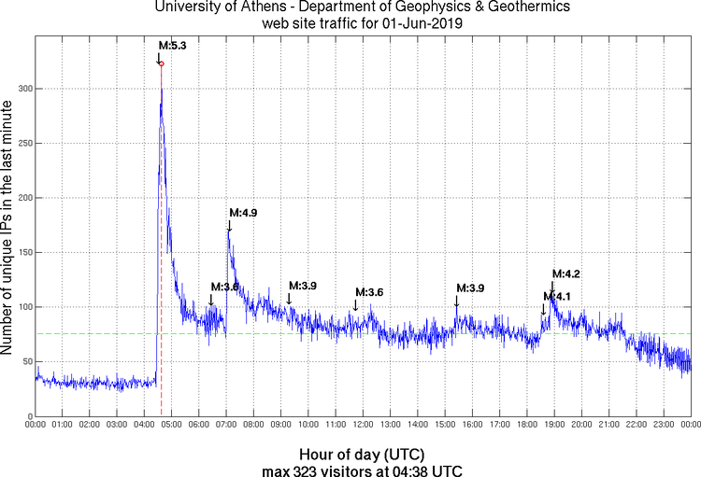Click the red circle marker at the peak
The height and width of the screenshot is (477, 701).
pyautogui.click(x=161, y=63)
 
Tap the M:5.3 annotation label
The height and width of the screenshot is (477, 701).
pyautogui.click(x=173, y=46)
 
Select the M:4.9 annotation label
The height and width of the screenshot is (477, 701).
pyautogui.click(x=243, y=213)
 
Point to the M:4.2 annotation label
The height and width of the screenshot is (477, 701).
pyautogui.click(x=566, y=274)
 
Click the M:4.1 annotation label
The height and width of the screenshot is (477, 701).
pyautogui.click(x=557, y=296)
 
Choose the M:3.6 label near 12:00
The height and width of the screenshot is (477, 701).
pyautogui.click(x=368, y=292)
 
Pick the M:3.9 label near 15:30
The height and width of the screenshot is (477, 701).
pyautogui.click(x=470, y=288)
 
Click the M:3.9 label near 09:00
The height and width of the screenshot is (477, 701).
pyautogui.click(x=303, y=285)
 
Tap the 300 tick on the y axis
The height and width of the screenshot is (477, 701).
pyautogui.click(x=21, y=89)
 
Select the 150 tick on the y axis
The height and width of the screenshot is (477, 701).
pyautogui.click(x=21, y=252)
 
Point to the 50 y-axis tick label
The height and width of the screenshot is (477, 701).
pyautogui.click(x=24, y=361)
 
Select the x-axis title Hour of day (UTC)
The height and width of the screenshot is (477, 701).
pyautogui.click(x=362, y=453)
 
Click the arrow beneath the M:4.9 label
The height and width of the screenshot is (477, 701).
pyautogui.click(x=229, y=226)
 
